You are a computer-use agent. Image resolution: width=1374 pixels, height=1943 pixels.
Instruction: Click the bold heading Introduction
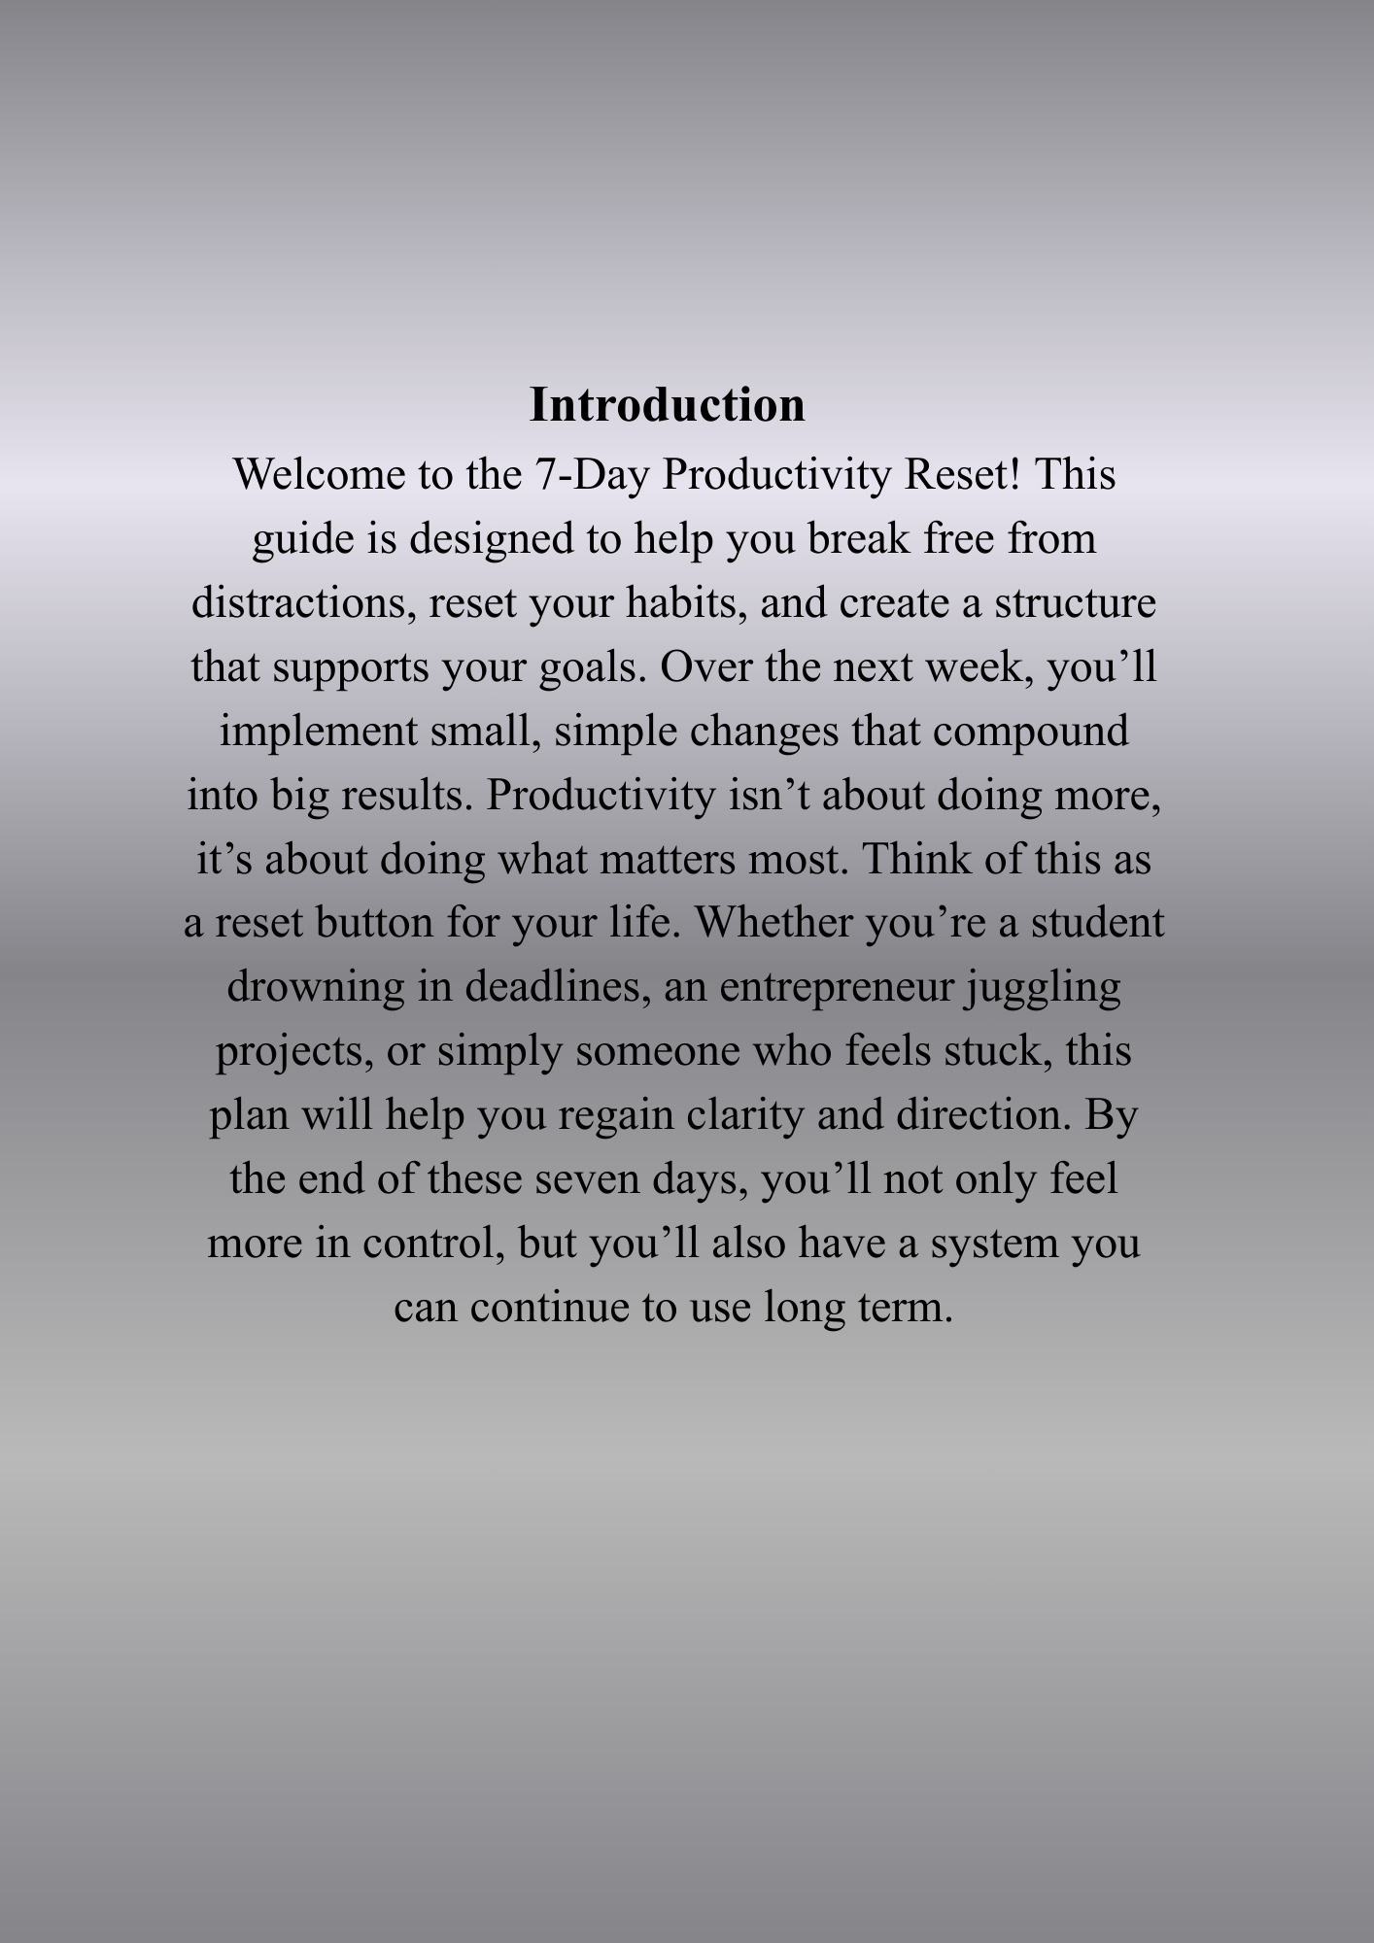click(x=667, y=405)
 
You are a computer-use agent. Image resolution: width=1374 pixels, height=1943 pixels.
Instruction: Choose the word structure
click(x=1075, y=603)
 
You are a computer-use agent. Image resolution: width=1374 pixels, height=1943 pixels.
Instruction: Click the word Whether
click(x=773, y=923)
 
